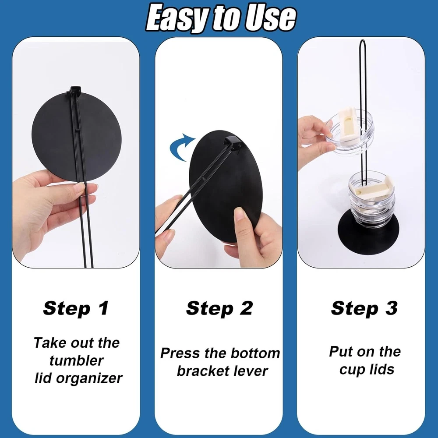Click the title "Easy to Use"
[221, 18]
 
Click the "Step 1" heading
[76, 308]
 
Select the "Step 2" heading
[219, 308]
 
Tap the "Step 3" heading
[364, 308]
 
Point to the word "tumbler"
[77, 360]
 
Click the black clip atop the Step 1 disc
[75, 91]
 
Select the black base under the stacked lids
[368, 233]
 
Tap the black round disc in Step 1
[76, 137]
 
